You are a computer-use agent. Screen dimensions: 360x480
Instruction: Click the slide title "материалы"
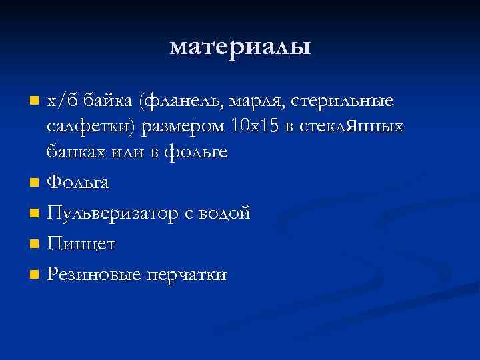pyautogui.click(x=240, y=47)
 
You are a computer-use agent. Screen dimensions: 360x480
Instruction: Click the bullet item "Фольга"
pyautogui.click(x=78, y=182)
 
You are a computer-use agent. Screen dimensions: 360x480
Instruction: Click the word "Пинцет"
pyautogui.click(x=81, y=244)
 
